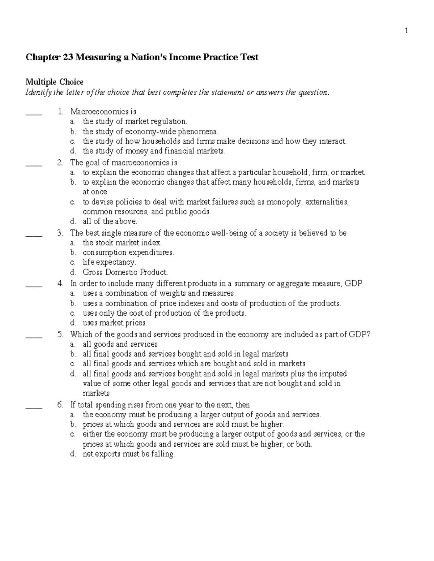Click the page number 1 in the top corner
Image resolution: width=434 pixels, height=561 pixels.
tap(407, 31)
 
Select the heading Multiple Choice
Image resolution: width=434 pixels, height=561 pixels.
tap(54, 82)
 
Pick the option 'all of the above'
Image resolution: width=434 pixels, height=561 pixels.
tap(110, 221)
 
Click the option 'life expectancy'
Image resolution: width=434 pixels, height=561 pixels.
tap(109, 262)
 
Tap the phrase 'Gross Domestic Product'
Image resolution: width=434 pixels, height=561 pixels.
tap(125, 272)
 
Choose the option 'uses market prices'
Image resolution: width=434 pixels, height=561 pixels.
tap(115, 323)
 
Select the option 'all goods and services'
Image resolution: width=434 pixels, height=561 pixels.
tap(120, 344)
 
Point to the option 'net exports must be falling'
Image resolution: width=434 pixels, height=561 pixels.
tap(129, 454)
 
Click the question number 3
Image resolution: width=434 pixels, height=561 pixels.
tap(60, 233)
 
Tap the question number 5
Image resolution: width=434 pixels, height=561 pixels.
tap(60, 335)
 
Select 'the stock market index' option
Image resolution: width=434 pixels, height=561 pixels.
tap(122, 243)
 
